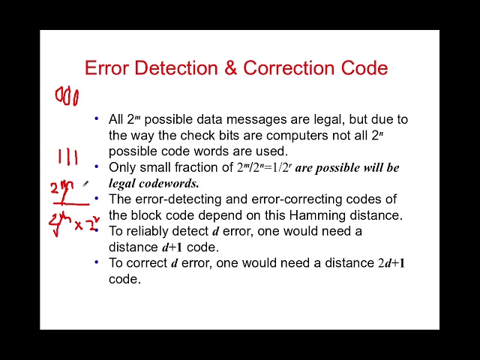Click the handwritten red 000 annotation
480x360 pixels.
(x=67, y=96)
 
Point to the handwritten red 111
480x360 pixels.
(x=68, y=157)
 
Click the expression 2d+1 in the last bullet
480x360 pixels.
(x=391, y=263)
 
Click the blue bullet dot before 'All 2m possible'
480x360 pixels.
(x=96, y=118)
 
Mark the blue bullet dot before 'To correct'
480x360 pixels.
(x=96, y=262)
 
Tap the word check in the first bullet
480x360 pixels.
(x=178, y=135)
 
